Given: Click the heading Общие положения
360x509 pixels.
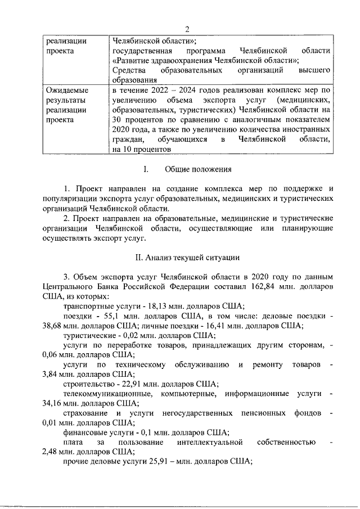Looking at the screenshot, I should (x=197, y=169).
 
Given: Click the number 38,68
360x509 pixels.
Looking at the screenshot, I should (x=52, y=326).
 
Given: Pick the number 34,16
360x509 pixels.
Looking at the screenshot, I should (x=52, y=403).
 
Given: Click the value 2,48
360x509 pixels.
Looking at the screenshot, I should (x=50, y=451).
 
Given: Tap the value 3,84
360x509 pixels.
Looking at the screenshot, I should (x=50, y=374).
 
